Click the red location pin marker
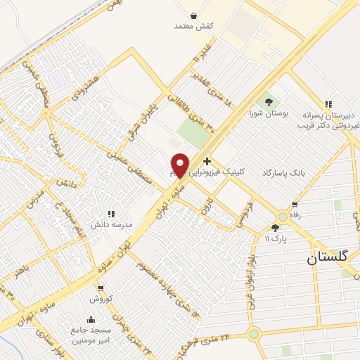point(180,165)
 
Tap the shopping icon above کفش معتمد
point(193,15)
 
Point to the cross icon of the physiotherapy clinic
point(206,162)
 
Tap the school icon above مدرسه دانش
point(110,214)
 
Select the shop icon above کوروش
point(101,289)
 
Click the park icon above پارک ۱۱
point(275,228)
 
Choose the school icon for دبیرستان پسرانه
point(328,103)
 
